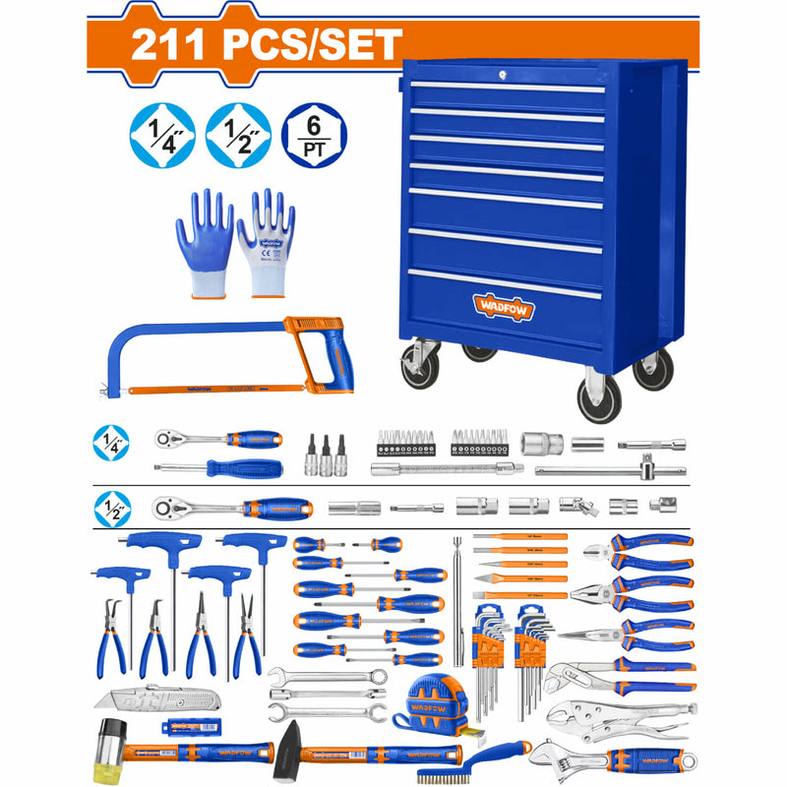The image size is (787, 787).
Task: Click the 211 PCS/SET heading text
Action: (x=266, y=44)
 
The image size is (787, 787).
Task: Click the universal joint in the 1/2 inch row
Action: (x=572, y=506)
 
